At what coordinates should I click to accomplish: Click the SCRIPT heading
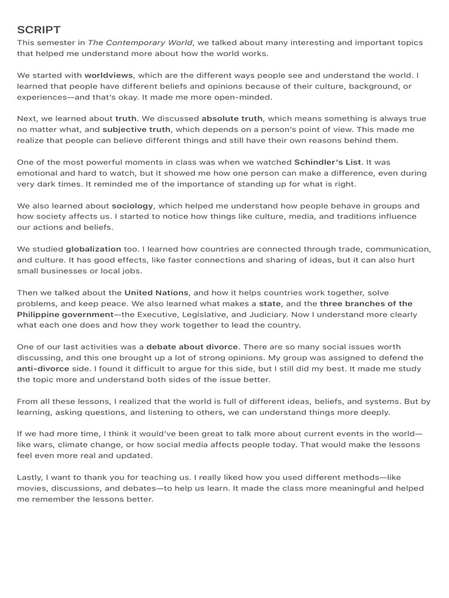click(x=39, y=30)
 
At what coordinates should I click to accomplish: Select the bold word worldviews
click(x=109, y=75)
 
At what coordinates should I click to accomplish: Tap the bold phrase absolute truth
click(x=232, y=119)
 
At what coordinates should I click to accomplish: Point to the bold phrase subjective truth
click(x=136, y=130)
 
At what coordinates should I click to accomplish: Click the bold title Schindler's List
click(x=328, y=162)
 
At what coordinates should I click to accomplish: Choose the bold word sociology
click(x=132, y=206)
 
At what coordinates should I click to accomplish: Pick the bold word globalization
click(x=94, y=249)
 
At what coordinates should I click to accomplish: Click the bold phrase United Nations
click(x=157, y=293)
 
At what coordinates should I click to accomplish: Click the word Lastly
click(x=29, y=478)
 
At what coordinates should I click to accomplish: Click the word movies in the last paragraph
click(x=33, y=488)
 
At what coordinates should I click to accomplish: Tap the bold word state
click(x=270, y=304)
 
